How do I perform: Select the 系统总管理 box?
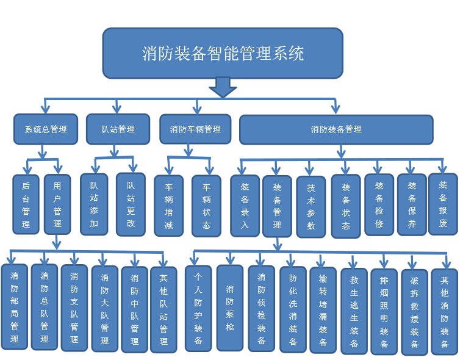click(46, 129)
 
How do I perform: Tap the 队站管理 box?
click(118, 129)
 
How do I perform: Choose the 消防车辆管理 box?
click(195, 129)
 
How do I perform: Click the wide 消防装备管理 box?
click(336, 129)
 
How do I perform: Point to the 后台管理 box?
click(26, 204)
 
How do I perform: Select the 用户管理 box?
click(57, 204)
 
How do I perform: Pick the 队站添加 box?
click(94, 204)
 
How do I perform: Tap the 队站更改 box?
click(131, 204)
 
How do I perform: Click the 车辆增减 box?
click(168, 206)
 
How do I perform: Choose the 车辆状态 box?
click(206, 206)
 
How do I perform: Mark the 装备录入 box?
click(245, 206)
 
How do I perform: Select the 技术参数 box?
click(311, 206)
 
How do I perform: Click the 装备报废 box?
click(443, 204)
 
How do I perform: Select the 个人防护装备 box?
click(198, 308)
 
